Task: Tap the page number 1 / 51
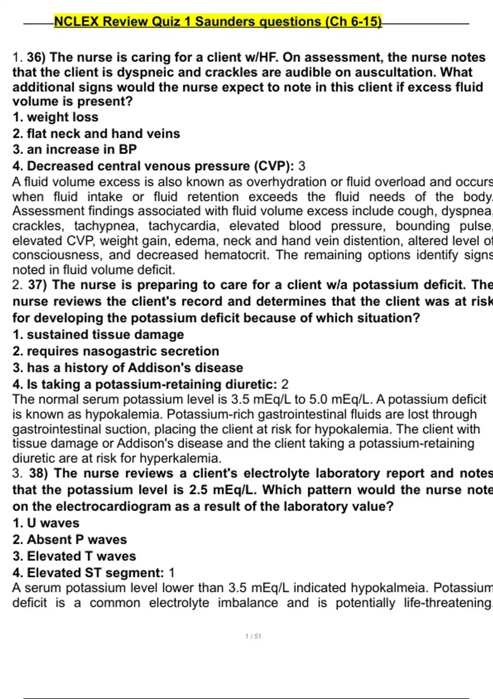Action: pos(253,637)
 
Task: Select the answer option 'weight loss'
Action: pos(62,117)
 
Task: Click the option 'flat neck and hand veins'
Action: pos(103,134)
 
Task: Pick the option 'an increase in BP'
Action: pos(81,149)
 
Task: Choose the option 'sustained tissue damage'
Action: pos(105,335)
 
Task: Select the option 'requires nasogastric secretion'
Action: pos(123,351)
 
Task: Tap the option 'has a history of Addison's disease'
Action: pos(135,368)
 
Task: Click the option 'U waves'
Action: pos(53,523)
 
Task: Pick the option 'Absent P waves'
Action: pos(77,539)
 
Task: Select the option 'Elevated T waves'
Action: pos(81,556)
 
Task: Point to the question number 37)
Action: pos(38,285)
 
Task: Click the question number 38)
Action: pos(39,473)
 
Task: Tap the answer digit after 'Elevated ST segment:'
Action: pos(172,573)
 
